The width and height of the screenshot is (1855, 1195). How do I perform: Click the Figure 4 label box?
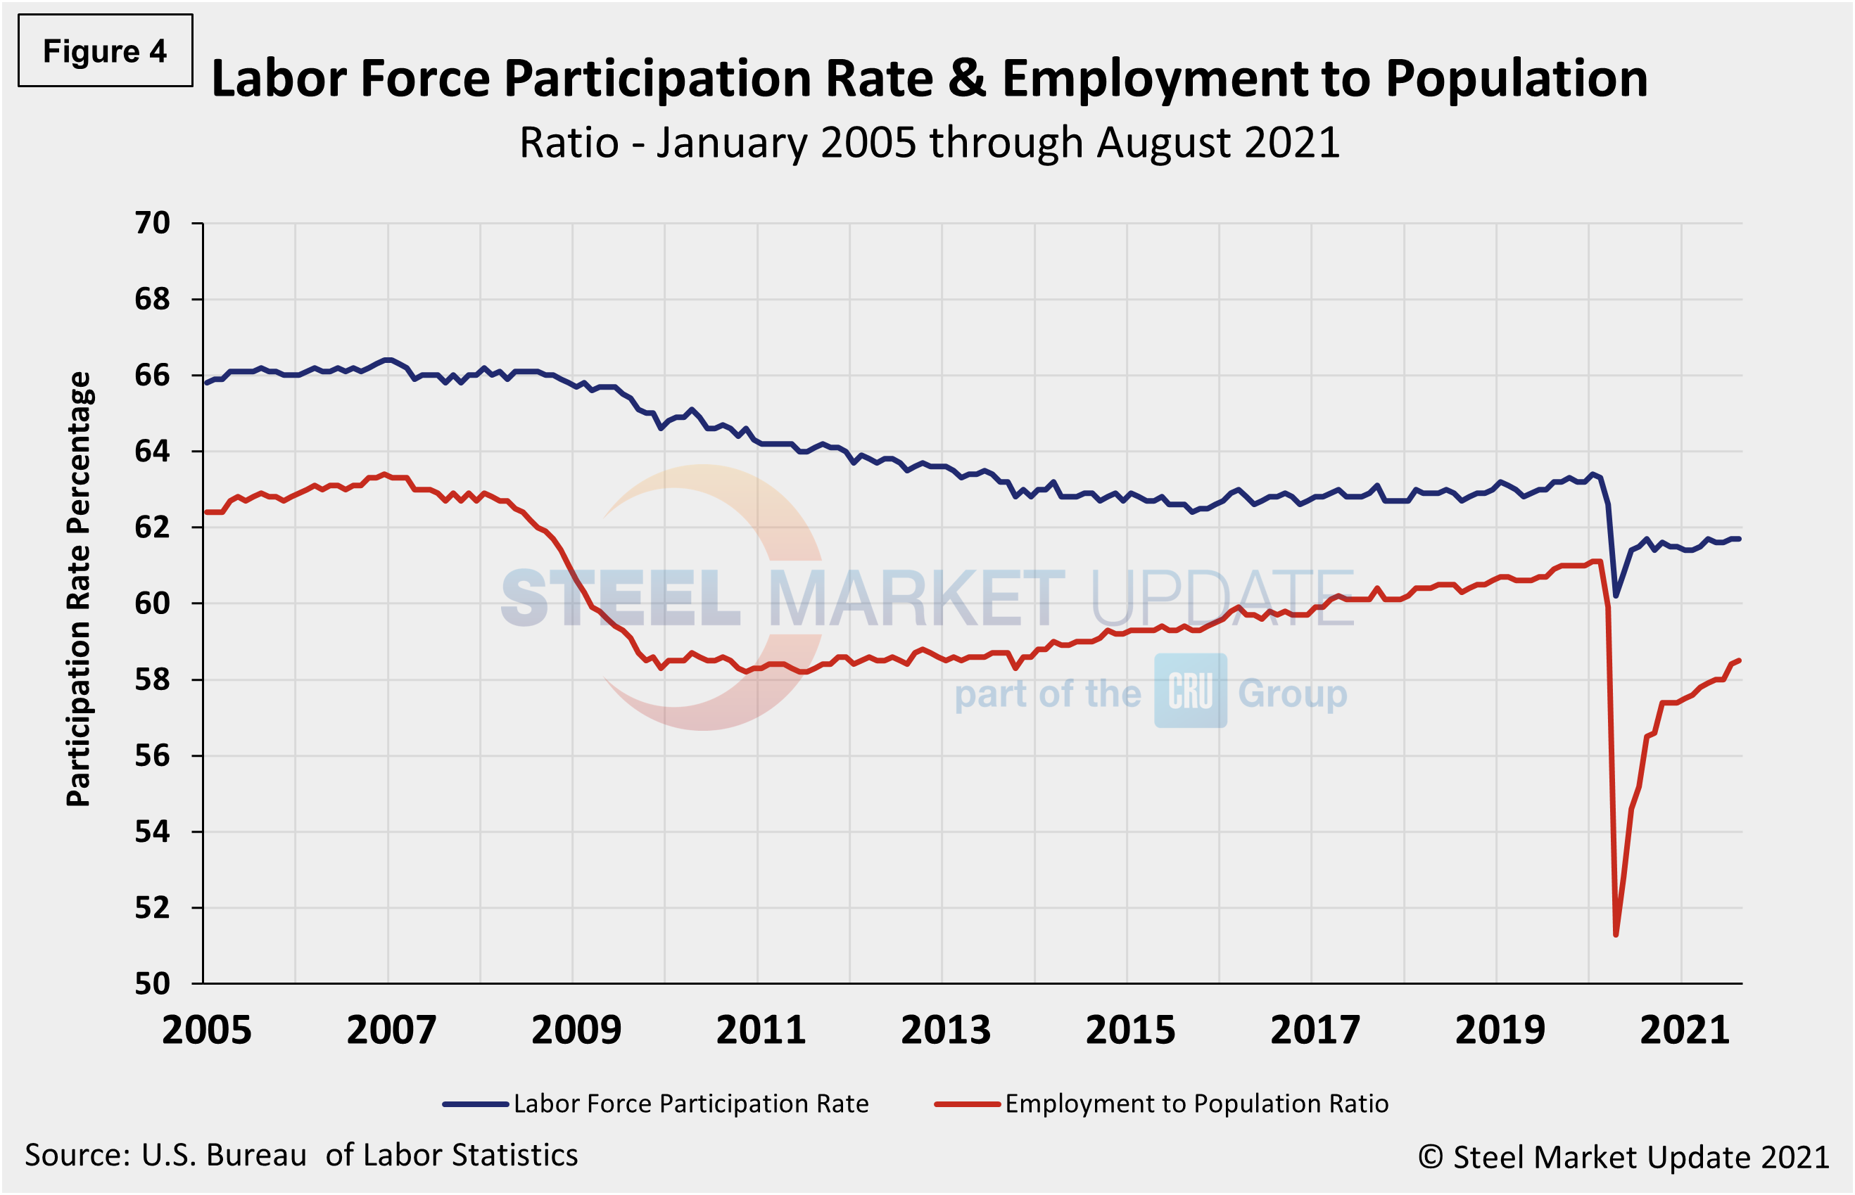tap(106, 51)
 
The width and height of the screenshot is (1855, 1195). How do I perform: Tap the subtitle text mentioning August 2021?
tap(929, 143)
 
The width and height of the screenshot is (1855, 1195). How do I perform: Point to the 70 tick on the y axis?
tap(152, 224)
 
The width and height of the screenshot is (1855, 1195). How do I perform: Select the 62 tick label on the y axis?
tap(152, 528)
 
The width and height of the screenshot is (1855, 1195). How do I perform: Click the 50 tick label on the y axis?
tap(152, 984)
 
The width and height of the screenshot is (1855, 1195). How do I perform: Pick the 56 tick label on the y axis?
tap(152, 756)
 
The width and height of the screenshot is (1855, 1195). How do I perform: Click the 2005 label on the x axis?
tap(206, 1030)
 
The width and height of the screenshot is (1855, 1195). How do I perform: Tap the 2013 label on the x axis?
tap(945, 1030)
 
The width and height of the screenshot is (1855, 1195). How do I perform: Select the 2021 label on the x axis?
tap(1684, 1030)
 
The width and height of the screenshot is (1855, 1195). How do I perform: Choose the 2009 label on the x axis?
tap(576, 1030)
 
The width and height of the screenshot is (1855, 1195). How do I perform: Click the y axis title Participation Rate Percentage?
tap(78, 589)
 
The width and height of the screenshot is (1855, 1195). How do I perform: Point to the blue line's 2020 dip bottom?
tap(1616, 596)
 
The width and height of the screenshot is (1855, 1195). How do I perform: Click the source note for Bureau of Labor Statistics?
tap(301, 1156)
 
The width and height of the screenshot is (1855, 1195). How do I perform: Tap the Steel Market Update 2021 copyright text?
tap(1623, 1157)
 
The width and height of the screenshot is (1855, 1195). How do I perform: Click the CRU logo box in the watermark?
tap(1190, 691)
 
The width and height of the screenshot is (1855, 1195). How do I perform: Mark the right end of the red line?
tap(1740, 660)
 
